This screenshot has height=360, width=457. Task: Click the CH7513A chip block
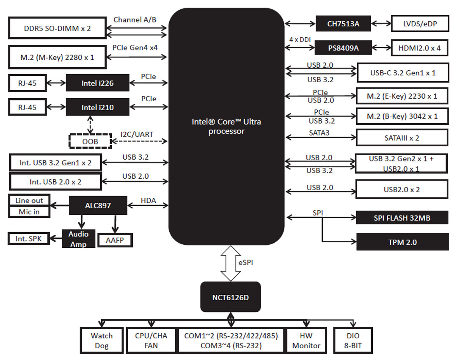(x=343, y=24)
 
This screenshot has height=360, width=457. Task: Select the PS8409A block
(x=343, y=48)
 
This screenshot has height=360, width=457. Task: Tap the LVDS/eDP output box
(x=420, y=24)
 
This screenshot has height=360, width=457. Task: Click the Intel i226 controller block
(x=97, y=83)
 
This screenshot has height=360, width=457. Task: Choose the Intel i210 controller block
(x=97, y=108)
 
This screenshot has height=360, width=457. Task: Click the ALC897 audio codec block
(x=98, y=206)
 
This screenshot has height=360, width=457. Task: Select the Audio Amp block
(x=78, y=239)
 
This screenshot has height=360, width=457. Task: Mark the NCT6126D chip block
(x=230, y=297)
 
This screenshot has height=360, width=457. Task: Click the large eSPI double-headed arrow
(x=231, y=263)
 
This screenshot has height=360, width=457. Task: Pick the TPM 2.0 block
(x=402, y=242)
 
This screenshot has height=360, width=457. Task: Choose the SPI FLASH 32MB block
(x=402, y=218)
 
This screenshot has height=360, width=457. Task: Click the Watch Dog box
(x=102, y=341)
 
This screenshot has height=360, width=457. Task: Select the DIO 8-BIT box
(x=353, y=341)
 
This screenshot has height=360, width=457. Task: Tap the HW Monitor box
(x=306, y=341)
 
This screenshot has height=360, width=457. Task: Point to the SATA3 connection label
(x=319, y=133)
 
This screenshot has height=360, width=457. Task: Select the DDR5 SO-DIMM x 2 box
(x=58, y=30)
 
